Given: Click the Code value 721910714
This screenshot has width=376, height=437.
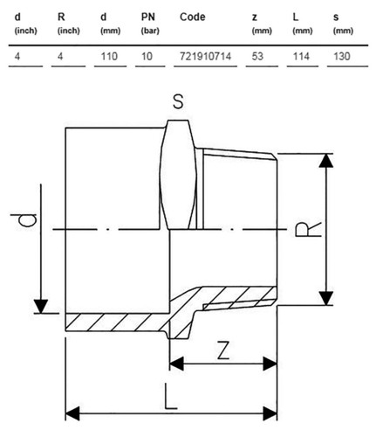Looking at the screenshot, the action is point(205,56).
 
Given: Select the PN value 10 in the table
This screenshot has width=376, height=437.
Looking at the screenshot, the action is point(147,56).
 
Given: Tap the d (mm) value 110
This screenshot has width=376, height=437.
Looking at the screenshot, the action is point(109,56).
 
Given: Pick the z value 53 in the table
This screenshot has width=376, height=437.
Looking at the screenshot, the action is point(257,56).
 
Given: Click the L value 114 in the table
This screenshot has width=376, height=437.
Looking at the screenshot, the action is point(301,56).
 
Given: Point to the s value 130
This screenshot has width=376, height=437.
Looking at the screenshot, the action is point(342,56).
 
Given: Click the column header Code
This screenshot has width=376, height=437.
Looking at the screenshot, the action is point(193,17).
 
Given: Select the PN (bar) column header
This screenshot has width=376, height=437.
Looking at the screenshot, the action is point(150,24).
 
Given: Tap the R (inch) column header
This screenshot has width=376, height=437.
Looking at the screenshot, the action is point(69,24).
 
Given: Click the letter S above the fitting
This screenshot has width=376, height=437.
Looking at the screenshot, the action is point(178,102).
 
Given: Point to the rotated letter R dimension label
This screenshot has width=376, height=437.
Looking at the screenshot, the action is point(308,229).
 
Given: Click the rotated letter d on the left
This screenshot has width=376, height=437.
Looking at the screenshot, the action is point(24,220).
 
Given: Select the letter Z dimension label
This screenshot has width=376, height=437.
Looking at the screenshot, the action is point(223,350).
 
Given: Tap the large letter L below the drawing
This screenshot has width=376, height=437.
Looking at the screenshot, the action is point(170,397).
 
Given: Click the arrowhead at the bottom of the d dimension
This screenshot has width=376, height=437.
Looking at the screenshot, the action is point(41,306).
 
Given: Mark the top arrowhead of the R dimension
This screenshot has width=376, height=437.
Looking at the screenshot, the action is point(326,161).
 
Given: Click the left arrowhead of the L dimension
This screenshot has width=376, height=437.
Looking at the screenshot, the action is point(72,413).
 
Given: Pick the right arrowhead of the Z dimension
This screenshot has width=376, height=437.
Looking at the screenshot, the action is point(270,364).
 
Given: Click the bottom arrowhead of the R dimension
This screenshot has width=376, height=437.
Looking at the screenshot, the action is point(326,298).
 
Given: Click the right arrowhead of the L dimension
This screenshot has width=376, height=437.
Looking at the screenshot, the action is point(270,413).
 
